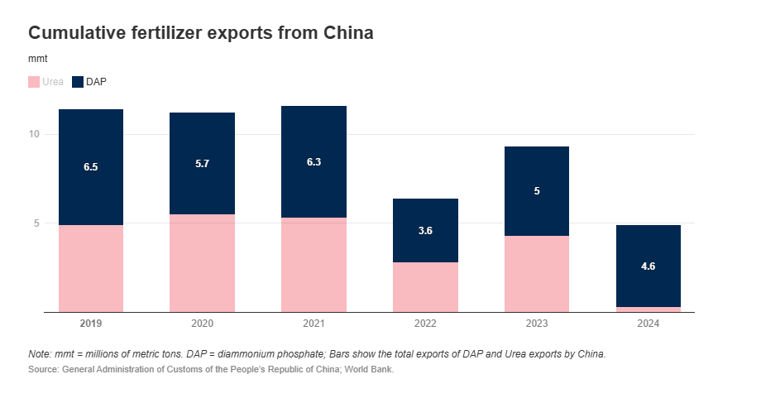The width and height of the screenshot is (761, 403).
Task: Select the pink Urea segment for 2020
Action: (x=203, y=263)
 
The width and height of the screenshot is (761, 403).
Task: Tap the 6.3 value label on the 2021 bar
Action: (x=313, y=162)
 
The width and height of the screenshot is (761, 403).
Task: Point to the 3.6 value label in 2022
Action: (x=425, y=231)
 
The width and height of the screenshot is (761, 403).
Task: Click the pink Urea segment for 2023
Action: (x=537, y=274)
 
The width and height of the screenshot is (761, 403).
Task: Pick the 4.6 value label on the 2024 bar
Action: (x=649, y=266)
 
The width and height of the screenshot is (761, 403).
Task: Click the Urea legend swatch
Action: (x=34, y=82)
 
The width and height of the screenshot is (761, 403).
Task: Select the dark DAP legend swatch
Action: (x=79, y=82)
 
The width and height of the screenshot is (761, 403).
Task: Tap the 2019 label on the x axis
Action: (x=91, y=323)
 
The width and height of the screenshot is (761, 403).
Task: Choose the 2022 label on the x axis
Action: (x=425, y=323)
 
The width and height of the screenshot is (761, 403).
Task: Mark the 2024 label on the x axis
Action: (x=649, y=323)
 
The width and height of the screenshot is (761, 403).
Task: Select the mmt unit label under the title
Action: (x=38, y=60)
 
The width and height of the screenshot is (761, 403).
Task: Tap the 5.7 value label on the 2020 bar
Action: (x=203, y=164)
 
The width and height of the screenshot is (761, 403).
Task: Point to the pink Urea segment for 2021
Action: (x=313, y=265)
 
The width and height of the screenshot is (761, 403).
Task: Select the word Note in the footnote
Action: (x=39, y=353)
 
